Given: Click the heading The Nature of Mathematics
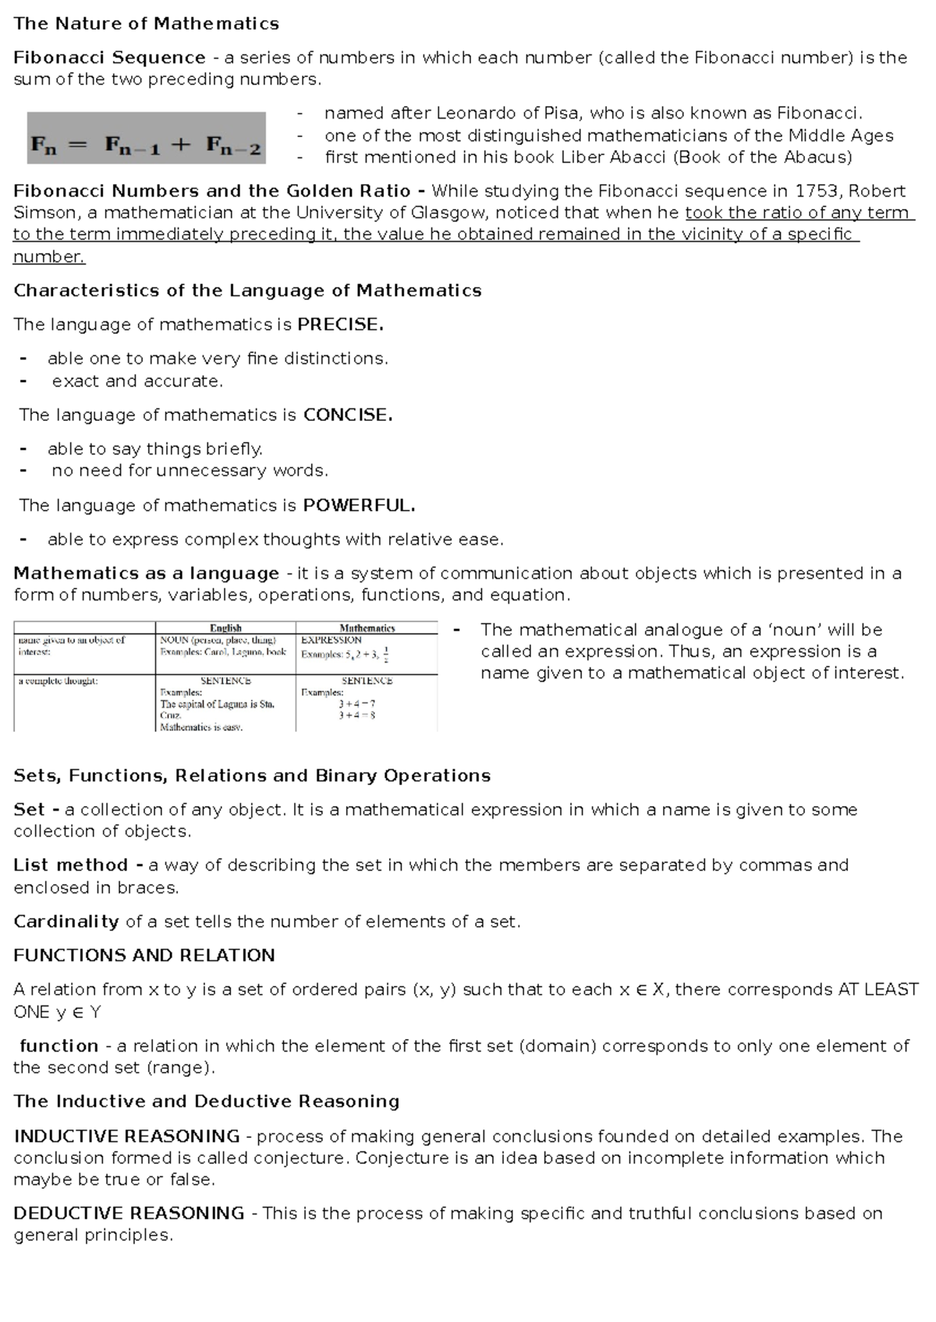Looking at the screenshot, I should point(146,23).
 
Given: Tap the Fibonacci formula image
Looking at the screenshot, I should point(147,139).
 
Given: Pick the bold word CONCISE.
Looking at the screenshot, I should point(347,415).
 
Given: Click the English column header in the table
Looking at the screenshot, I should point(225,628).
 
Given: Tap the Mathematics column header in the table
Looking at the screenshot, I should point(367,628).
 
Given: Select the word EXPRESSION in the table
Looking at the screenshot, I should point(331,640).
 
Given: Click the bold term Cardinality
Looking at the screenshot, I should point(66,922).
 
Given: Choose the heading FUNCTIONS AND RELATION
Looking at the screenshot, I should point(144,956).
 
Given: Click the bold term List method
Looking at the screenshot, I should point(71,865).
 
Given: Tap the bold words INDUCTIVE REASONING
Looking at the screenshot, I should point(126,1136).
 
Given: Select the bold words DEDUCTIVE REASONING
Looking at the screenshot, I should point(129,1214).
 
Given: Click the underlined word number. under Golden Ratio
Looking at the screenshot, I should point(48,257).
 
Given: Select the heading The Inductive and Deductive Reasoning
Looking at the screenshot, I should point(206,1102).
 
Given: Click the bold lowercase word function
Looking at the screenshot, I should point(59,1046).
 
